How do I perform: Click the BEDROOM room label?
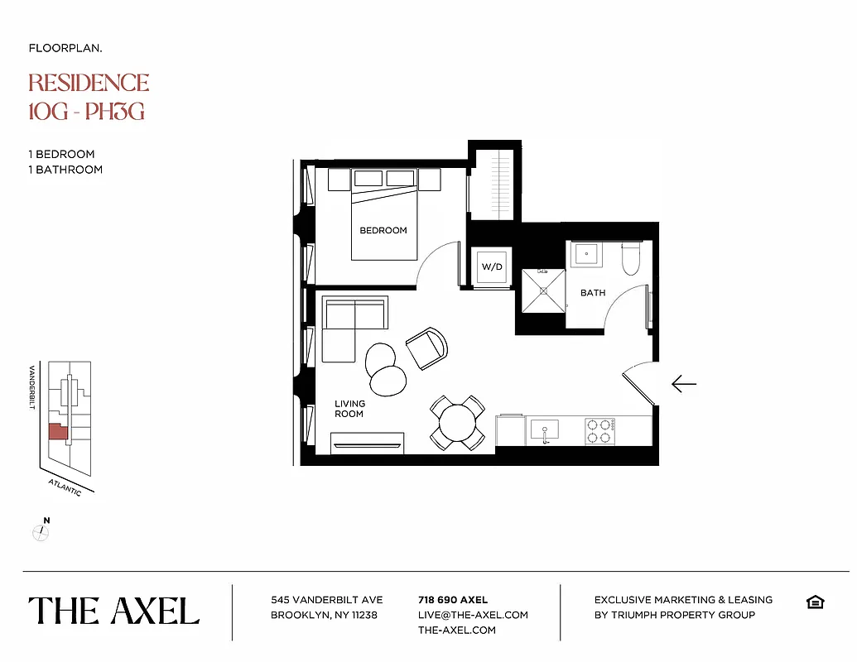pyautogui.click(x=383, y=230)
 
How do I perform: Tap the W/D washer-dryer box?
pyautogui.click(x=492, y=266)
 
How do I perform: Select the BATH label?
pyautogui.click(x=593, y=292)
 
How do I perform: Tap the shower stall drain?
pyautogui.click(x=542, y=290)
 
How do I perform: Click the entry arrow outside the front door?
pyautogui.click(x=683, y=384)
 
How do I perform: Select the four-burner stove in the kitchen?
pyautogui.click(x=599, y=430)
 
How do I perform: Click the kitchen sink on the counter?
pyautogui.click(x=543, y=429)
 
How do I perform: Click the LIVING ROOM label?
pyautogui.click(x=349, y=409)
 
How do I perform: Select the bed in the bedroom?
pyautogui.click(x=383, y=219)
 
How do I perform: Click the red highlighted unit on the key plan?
pyautogui.click(x=57, y=432)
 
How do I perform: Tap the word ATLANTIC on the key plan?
pyautogui.click(x=65, y=487)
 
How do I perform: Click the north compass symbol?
pyautogui.click(x=41, y=532)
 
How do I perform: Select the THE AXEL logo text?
pyautogui.click(x=114, y=611)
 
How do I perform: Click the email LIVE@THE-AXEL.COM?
pyautogui.click(x=473, y=615)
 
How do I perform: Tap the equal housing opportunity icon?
pyautogui.click(x=815, y=602)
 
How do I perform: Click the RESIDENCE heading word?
pyautogui.click(x=89, y=83)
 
